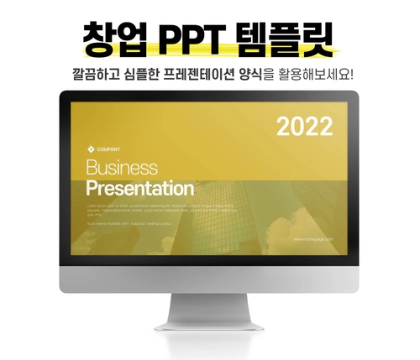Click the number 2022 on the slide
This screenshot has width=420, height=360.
click(x=305, y=127)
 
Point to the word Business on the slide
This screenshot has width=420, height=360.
click(x=122, y=168)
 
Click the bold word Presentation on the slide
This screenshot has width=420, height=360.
click(x=140, y=188)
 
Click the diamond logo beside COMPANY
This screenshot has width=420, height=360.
click(x=91, y=149)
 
